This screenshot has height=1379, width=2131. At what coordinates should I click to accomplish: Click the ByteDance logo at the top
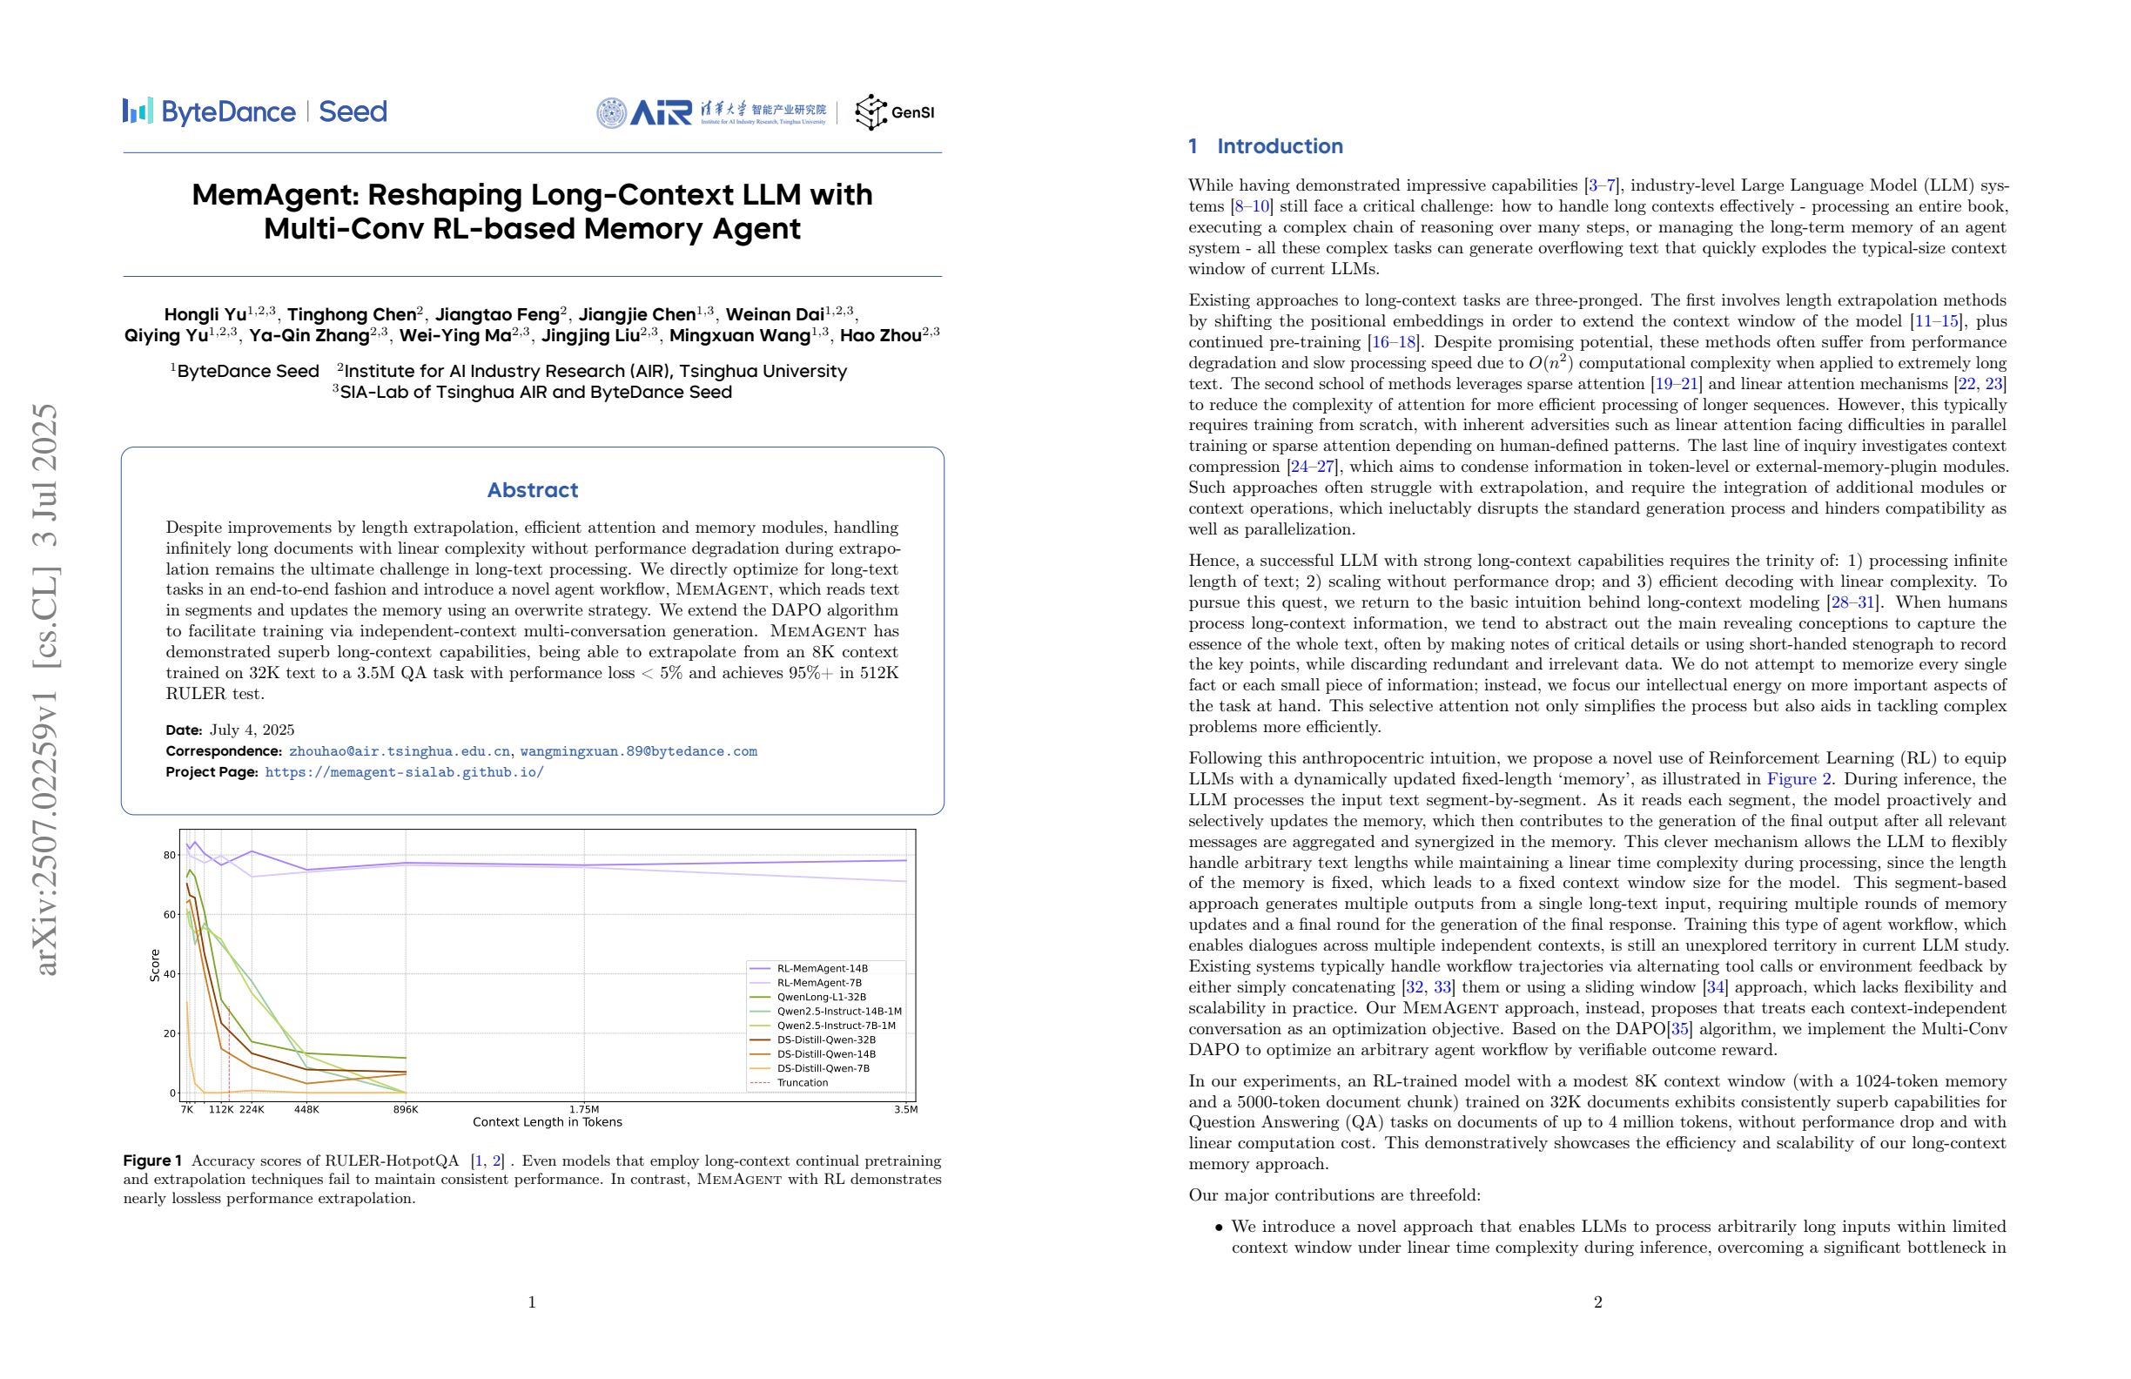click(209, 112)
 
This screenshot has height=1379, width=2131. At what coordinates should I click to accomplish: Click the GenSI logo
click(895, 112)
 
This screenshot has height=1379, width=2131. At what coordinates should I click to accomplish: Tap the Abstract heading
click(532, 490)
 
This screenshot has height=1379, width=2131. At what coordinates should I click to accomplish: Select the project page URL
click(404, 772)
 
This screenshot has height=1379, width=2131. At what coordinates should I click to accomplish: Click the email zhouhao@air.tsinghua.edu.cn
click(400, 751)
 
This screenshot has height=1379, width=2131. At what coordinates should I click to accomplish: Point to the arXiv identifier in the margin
click(44, 689)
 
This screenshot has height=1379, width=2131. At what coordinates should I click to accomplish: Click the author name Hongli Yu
click(205, 314)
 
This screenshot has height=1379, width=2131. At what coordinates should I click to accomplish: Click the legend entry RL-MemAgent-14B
click(821, 968)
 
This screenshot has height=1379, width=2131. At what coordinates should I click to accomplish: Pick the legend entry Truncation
click(802, 1083)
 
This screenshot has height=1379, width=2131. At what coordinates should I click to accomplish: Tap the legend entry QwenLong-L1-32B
click(821, 997)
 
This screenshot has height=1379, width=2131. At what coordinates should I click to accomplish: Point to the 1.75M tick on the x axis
click(584, 1109)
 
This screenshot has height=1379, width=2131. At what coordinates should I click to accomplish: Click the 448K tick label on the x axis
click(306, 1109)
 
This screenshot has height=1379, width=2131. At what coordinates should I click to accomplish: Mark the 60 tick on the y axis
click(169, 914)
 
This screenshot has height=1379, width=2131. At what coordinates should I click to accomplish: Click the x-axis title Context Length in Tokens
click(547, 1122)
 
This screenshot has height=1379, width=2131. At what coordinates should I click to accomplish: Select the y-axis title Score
click(155, 965)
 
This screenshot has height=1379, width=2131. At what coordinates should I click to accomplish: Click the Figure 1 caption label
click(152, 1160)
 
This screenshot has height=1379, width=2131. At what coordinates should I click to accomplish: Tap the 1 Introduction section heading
click(1265, 146)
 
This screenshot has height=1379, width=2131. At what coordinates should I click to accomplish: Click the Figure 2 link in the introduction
click(1798, 779)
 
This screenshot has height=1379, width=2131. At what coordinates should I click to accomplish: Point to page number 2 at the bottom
click(1597, 1302)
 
